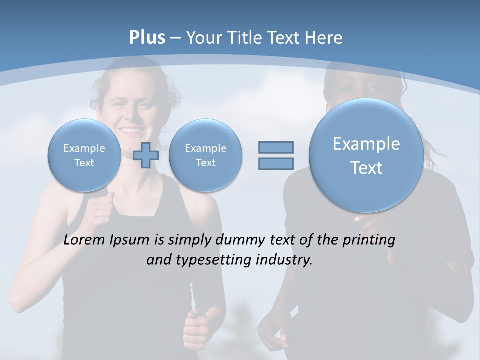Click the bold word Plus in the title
(147, 38)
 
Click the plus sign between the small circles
(146, 155)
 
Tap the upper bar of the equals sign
(276, 147)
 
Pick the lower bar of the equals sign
(276, 163)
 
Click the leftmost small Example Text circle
(84, 155)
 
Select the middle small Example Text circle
(205, 155)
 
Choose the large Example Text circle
(366, 155)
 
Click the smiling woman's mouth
(131, 131)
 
